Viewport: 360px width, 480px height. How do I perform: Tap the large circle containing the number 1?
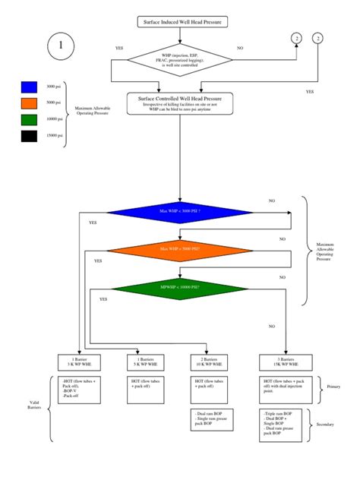(62, 46)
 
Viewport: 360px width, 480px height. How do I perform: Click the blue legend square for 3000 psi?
(29, 87)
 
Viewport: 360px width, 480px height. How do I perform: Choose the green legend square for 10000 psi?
(29, 119)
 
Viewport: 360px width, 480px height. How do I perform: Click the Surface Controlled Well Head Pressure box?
(179, 103)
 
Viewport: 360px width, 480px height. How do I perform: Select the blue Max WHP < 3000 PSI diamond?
(180, 210)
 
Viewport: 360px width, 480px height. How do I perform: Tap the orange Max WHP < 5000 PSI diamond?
(180, 248)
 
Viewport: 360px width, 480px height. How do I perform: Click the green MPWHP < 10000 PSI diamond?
(180, 288)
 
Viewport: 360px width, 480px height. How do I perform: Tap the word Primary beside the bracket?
(334, 386)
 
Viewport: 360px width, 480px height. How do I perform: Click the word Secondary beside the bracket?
(334, 425)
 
